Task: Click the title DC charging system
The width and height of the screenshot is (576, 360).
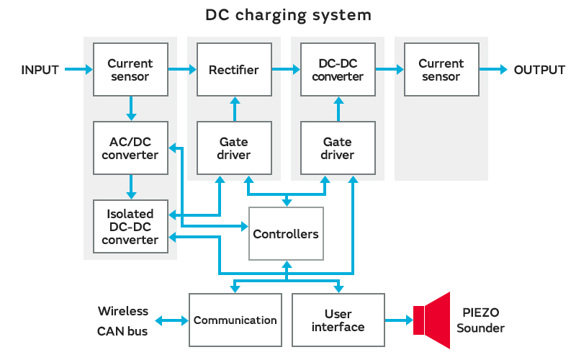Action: coord(288,14)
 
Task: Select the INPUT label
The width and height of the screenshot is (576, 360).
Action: coord(40,70)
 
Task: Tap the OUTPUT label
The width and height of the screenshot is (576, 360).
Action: coord(539,70)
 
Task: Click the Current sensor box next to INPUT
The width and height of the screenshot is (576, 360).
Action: coord(130,70)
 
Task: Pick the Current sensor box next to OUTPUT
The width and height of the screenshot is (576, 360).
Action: coord(441,70)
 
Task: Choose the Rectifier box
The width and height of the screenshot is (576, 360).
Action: coord(234,70)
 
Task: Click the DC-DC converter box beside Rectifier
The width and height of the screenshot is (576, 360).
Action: coord(338,70)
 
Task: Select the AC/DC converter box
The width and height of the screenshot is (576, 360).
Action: coord(130,148)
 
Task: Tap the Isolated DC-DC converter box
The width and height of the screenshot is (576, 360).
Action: coord(130,227)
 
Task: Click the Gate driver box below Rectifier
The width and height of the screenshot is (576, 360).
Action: coord(234,148)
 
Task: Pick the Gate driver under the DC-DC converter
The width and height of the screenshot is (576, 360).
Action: coord(338,148)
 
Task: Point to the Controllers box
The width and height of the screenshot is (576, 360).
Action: coord(286,234)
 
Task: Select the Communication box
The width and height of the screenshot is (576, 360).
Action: coord(235,320)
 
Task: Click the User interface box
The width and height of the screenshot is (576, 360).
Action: coord(338,320)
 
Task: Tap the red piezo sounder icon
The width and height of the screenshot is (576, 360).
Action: coord(432,320)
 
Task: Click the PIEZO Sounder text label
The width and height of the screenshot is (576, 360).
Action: coord(484,320)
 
